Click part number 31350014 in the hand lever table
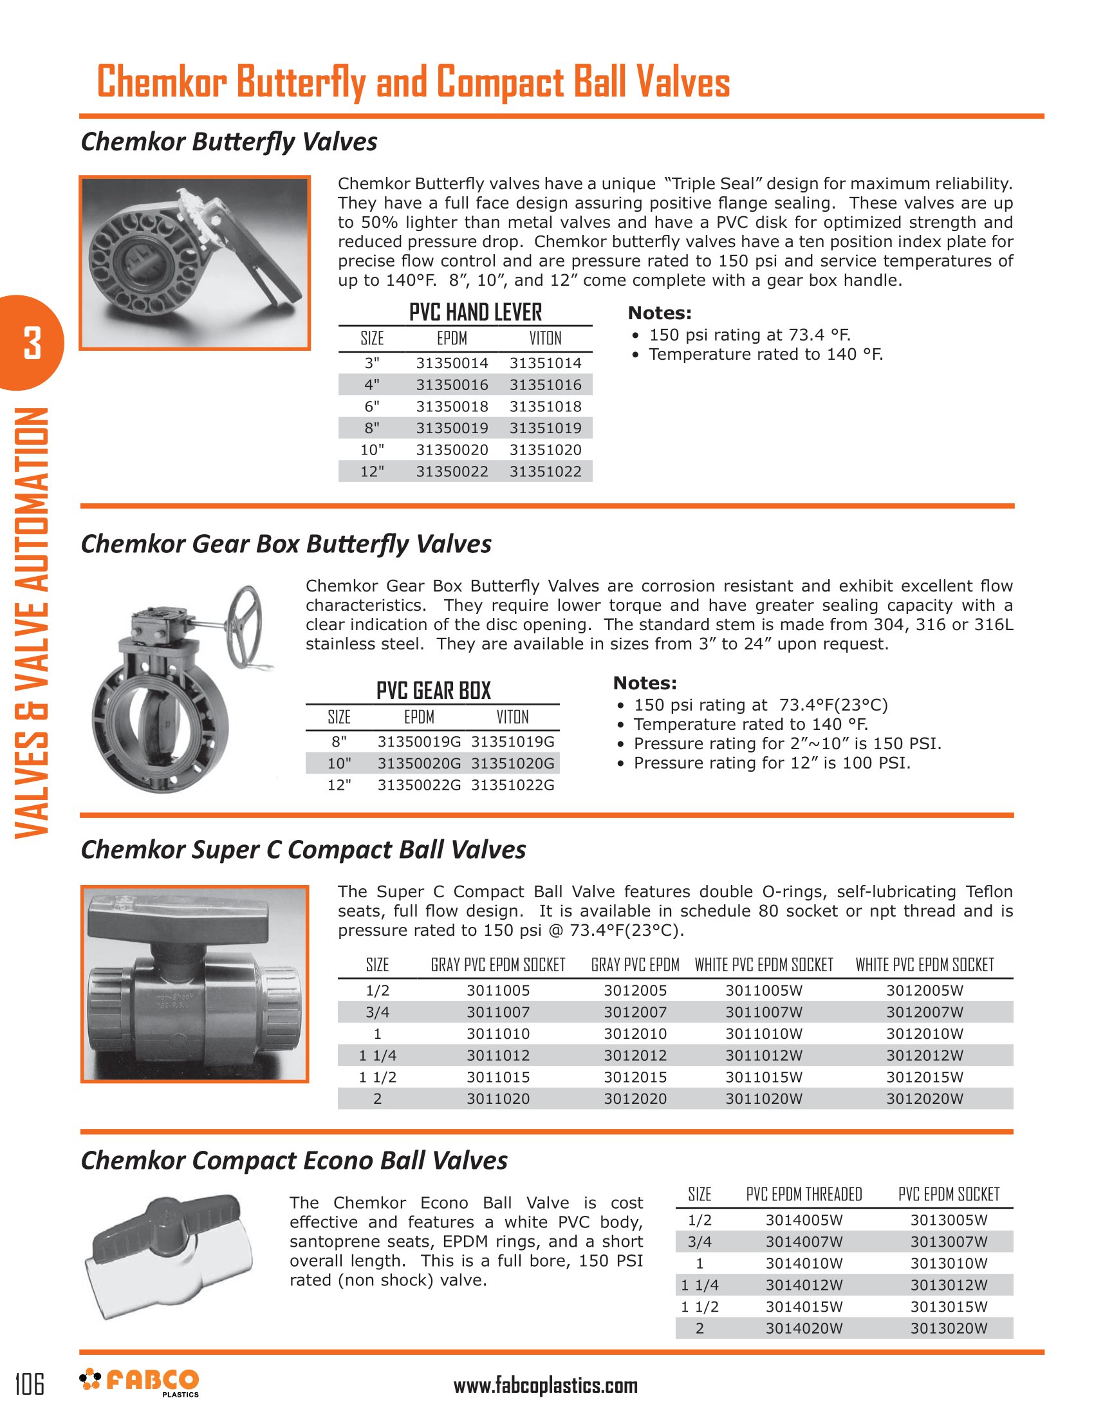(452, 363)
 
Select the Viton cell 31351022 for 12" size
(545, 471)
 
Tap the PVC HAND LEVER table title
(475, 313)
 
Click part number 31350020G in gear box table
(420, 763)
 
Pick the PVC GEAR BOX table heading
(434, 691)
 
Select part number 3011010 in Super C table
(497, 1034)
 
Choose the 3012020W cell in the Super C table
(924, 1098)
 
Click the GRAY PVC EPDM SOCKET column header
(497, 965)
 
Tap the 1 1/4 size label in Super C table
(377, 1056)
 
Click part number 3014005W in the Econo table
(804, 1220)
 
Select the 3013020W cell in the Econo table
(948, 1328)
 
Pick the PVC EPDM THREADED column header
(804, 1194)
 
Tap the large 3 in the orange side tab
(32, 343)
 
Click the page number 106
(30, 1384)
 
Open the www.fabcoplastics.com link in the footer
(545, 1386)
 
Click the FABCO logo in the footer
(140, 1383)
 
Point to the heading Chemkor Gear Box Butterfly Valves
(286, 544)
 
